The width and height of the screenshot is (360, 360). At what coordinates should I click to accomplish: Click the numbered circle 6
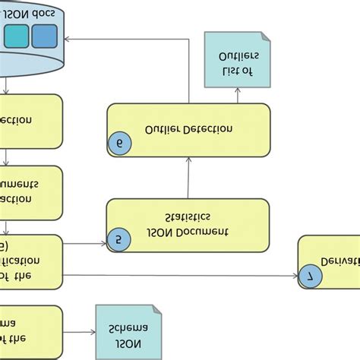(120, 143)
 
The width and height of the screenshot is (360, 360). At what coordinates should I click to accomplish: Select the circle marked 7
(309, 276)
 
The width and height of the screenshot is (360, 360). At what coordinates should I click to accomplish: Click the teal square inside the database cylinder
(17, 35)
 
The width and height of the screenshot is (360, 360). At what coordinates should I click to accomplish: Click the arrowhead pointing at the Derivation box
(295, 276)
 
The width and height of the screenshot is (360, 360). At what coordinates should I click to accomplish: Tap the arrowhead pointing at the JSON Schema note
(91, 333)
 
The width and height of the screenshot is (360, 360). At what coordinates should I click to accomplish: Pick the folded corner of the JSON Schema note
(156, 310)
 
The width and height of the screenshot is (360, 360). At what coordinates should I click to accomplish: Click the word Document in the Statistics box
(201, 231)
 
